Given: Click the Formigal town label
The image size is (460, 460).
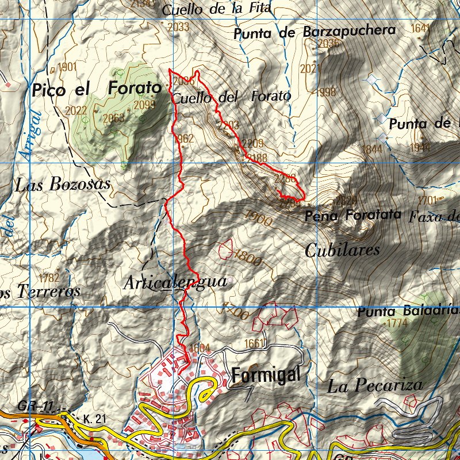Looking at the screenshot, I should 266,375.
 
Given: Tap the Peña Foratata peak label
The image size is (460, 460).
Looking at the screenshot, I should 352,216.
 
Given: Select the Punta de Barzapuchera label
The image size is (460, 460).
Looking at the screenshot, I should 315,32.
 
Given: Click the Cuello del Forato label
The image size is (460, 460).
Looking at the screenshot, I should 231,97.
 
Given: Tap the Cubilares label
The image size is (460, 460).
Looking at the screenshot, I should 342,250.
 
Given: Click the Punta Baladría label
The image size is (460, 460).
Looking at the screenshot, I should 407,312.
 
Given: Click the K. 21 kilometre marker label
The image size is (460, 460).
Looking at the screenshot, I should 94,419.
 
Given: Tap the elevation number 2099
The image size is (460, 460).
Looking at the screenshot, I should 144,105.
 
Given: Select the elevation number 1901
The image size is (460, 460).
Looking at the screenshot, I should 67,67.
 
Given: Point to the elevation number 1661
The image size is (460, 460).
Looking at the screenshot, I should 254,344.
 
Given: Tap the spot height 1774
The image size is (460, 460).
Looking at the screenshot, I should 397,324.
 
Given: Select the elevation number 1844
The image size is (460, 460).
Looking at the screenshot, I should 371,149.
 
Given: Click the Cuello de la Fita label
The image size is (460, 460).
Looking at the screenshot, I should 216,9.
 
